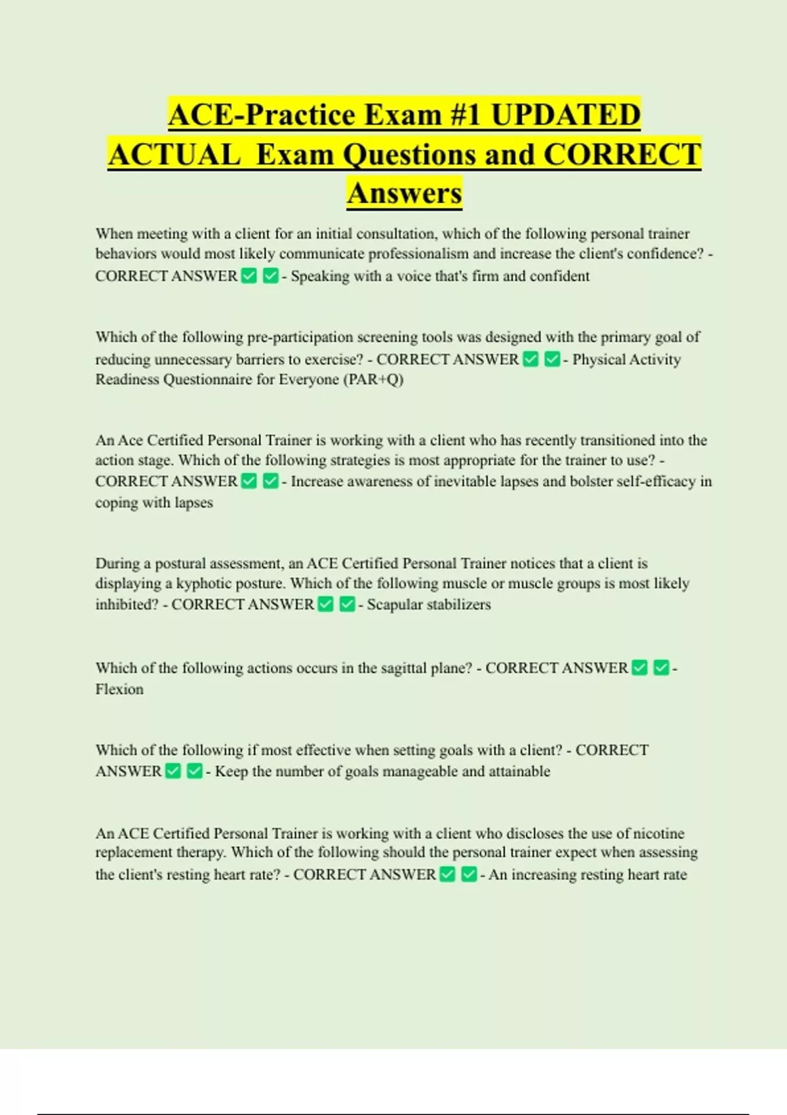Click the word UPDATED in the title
[565, 115]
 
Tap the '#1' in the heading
[465, 115]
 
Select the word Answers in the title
[405, 193]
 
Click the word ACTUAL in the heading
[174, 155]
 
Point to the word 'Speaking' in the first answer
[320, 276]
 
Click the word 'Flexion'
[119, 689]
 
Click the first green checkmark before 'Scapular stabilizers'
[325, 604]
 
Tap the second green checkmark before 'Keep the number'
[194, 771]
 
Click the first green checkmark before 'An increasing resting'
[447, 874]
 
